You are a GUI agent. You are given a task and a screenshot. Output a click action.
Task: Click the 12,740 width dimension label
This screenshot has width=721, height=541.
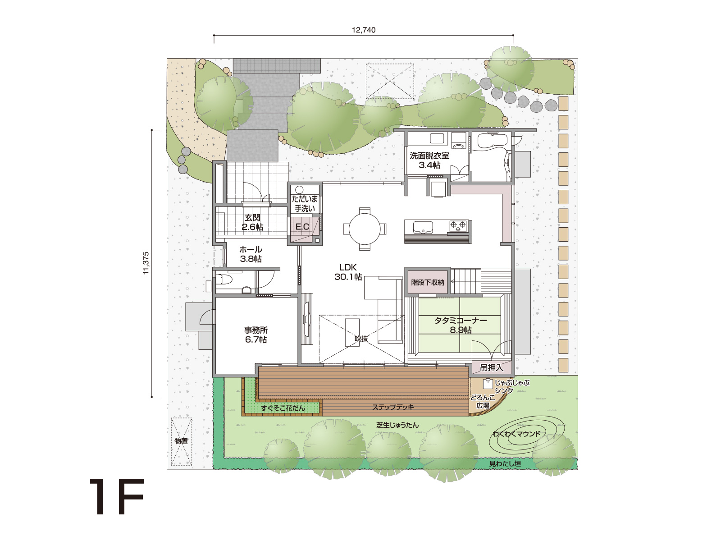tap(364, 30)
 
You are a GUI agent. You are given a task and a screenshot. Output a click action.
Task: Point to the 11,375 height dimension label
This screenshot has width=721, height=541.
tap(146, 263)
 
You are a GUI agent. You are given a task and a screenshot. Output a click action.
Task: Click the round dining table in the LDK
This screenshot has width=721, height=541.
tap(364, 229)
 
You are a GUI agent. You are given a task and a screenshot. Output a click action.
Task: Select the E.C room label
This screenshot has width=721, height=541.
tap(302, 227)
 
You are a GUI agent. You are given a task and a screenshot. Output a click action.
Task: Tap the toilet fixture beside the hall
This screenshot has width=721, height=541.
tap(225, 279)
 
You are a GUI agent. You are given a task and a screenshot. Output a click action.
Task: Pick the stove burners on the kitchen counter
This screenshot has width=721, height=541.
tap(458, 226)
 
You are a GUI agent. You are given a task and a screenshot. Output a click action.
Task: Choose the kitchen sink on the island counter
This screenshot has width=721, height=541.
tap(423, 227)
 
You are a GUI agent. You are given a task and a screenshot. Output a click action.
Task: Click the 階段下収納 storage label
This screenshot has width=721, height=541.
tap(428, 282)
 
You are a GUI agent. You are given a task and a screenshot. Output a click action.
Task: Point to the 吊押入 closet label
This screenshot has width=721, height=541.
tap(491, 367)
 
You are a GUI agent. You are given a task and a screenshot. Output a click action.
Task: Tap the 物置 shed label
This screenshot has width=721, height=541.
tap(181, 441)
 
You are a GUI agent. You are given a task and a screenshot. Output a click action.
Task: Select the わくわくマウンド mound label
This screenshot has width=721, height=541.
tap(516, 434)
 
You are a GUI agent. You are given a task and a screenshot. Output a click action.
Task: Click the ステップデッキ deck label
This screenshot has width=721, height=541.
tap(393, 407)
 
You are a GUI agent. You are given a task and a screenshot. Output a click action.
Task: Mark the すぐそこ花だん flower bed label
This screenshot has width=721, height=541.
tap(283, 408)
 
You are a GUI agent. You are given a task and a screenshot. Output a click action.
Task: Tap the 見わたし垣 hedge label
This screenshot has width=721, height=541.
tap(505, 463)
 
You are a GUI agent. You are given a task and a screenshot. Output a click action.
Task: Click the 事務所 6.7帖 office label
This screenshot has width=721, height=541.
tap(256, 335)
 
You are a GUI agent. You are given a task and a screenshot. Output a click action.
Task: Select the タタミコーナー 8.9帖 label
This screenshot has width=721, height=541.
tap(461, 325)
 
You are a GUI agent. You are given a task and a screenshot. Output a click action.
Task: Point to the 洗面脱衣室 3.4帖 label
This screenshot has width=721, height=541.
tap(429, 160)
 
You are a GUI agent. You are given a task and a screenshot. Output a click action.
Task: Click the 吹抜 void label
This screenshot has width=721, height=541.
tap(361, 339)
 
